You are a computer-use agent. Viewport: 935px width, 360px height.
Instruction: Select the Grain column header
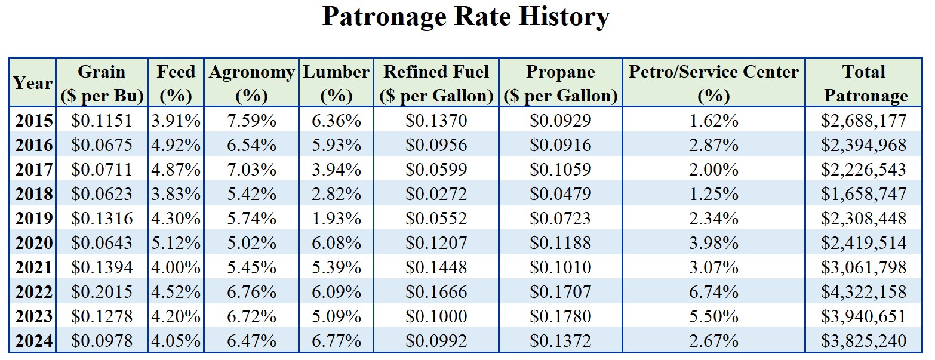102,84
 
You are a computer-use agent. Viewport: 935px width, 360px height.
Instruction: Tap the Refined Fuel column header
436,84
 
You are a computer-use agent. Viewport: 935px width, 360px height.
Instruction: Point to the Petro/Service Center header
713,84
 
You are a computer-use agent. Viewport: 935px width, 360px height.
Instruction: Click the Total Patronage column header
863,84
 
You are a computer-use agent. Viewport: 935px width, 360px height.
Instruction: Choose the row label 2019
33,219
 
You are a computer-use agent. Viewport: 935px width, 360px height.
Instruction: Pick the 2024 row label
33,341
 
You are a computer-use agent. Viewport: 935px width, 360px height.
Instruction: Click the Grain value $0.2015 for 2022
102,293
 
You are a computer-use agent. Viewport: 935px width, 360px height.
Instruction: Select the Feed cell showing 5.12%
176,244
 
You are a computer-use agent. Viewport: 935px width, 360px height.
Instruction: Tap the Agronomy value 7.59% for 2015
252,121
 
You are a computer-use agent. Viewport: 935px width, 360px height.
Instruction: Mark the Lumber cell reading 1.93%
337,219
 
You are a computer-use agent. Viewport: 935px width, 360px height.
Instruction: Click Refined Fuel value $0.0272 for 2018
436,195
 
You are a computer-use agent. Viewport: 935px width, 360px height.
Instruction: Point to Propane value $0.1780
560,316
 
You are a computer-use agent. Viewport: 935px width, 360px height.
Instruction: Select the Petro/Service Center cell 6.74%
713,293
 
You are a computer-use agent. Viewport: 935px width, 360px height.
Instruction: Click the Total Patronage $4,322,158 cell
863,293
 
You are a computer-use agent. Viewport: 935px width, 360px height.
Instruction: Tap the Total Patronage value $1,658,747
863,195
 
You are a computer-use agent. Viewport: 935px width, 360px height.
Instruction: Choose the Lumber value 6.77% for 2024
337,341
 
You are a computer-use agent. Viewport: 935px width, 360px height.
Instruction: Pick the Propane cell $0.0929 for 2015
560,121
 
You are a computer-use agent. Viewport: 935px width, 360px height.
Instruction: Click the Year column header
33,84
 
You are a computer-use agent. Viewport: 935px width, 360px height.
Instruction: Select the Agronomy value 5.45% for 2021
252,267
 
